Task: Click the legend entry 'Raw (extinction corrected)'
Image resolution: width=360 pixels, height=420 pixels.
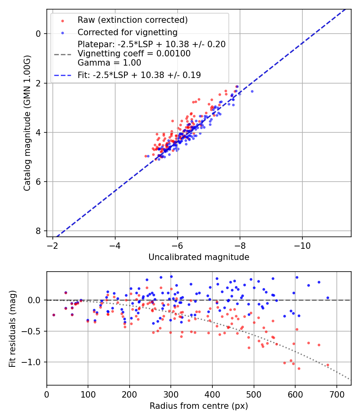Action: (x=132, y=20)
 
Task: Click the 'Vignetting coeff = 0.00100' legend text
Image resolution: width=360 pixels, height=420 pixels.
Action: (x=134, y=54)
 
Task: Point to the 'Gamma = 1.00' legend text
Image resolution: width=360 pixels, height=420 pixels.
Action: (x=109, y=63)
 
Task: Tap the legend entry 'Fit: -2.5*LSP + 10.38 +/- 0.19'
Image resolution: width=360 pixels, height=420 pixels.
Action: (x=139, y=75)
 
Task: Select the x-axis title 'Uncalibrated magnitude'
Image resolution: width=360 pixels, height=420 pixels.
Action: (x=199, y=257)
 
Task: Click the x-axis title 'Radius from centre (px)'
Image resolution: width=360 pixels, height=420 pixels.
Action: (x=199, y=406)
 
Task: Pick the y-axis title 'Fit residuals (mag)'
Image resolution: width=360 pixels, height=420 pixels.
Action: (x=12, y=329)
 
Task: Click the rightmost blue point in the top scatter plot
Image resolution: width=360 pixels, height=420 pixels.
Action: (x=252, y=91)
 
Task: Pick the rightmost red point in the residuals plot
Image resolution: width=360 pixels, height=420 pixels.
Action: (x=328, y=365)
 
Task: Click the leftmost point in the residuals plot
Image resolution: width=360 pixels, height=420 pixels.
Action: (x=54, y=315)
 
